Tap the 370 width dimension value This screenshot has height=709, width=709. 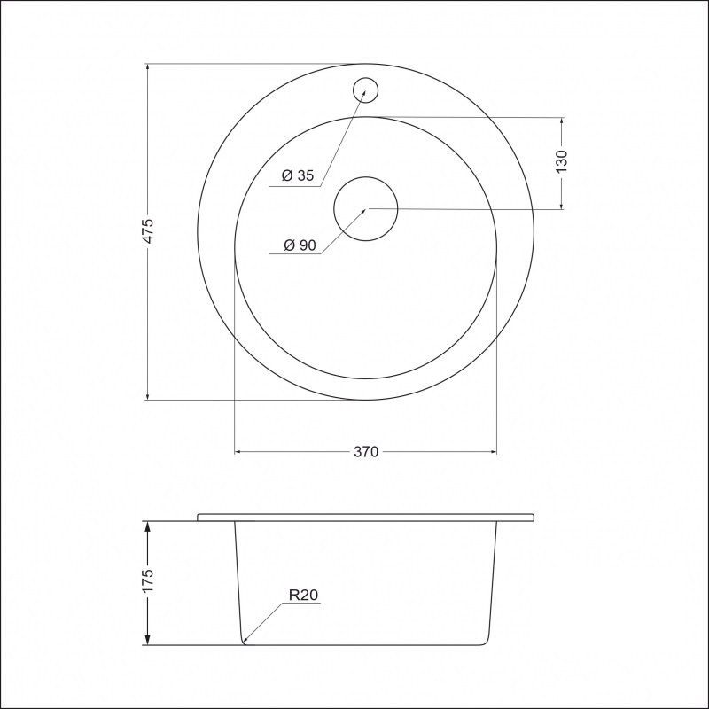(366, 452)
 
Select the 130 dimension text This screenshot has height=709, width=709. (562, 161)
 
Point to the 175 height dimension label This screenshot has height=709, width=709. (149, 580)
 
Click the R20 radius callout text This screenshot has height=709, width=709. (302, 595)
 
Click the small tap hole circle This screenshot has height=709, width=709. (365, 90)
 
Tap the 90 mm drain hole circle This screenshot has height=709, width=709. (365, 209)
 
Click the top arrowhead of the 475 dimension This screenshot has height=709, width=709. (148, 68)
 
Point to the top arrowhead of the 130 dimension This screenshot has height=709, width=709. (562, 121)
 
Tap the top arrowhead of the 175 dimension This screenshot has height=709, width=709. (148, 526)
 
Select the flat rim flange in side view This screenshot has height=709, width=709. (365, 517)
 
